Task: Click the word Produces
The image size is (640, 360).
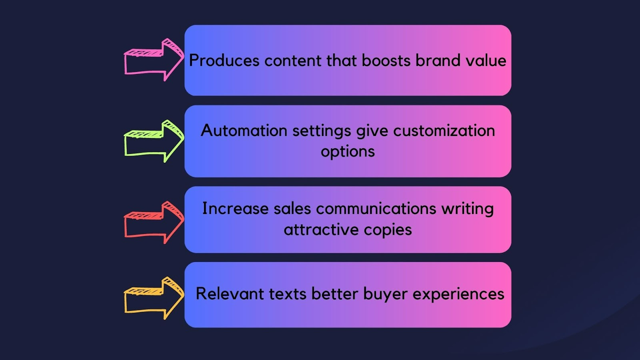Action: click(x=224, y=61)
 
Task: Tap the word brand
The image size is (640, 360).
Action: click(x=438, y=60)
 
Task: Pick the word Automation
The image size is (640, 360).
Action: click(x=244, y=130)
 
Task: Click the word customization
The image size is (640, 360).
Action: click(x=444, y=130)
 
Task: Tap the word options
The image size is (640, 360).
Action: click(x=348, y=152)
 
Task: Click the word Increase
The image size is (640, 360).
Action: click(x=236, y=208)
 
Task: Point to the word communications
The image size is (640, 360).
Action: click(x=376, y=208)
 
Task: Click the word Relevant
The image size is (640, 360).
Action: click(x=230, y=294)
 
